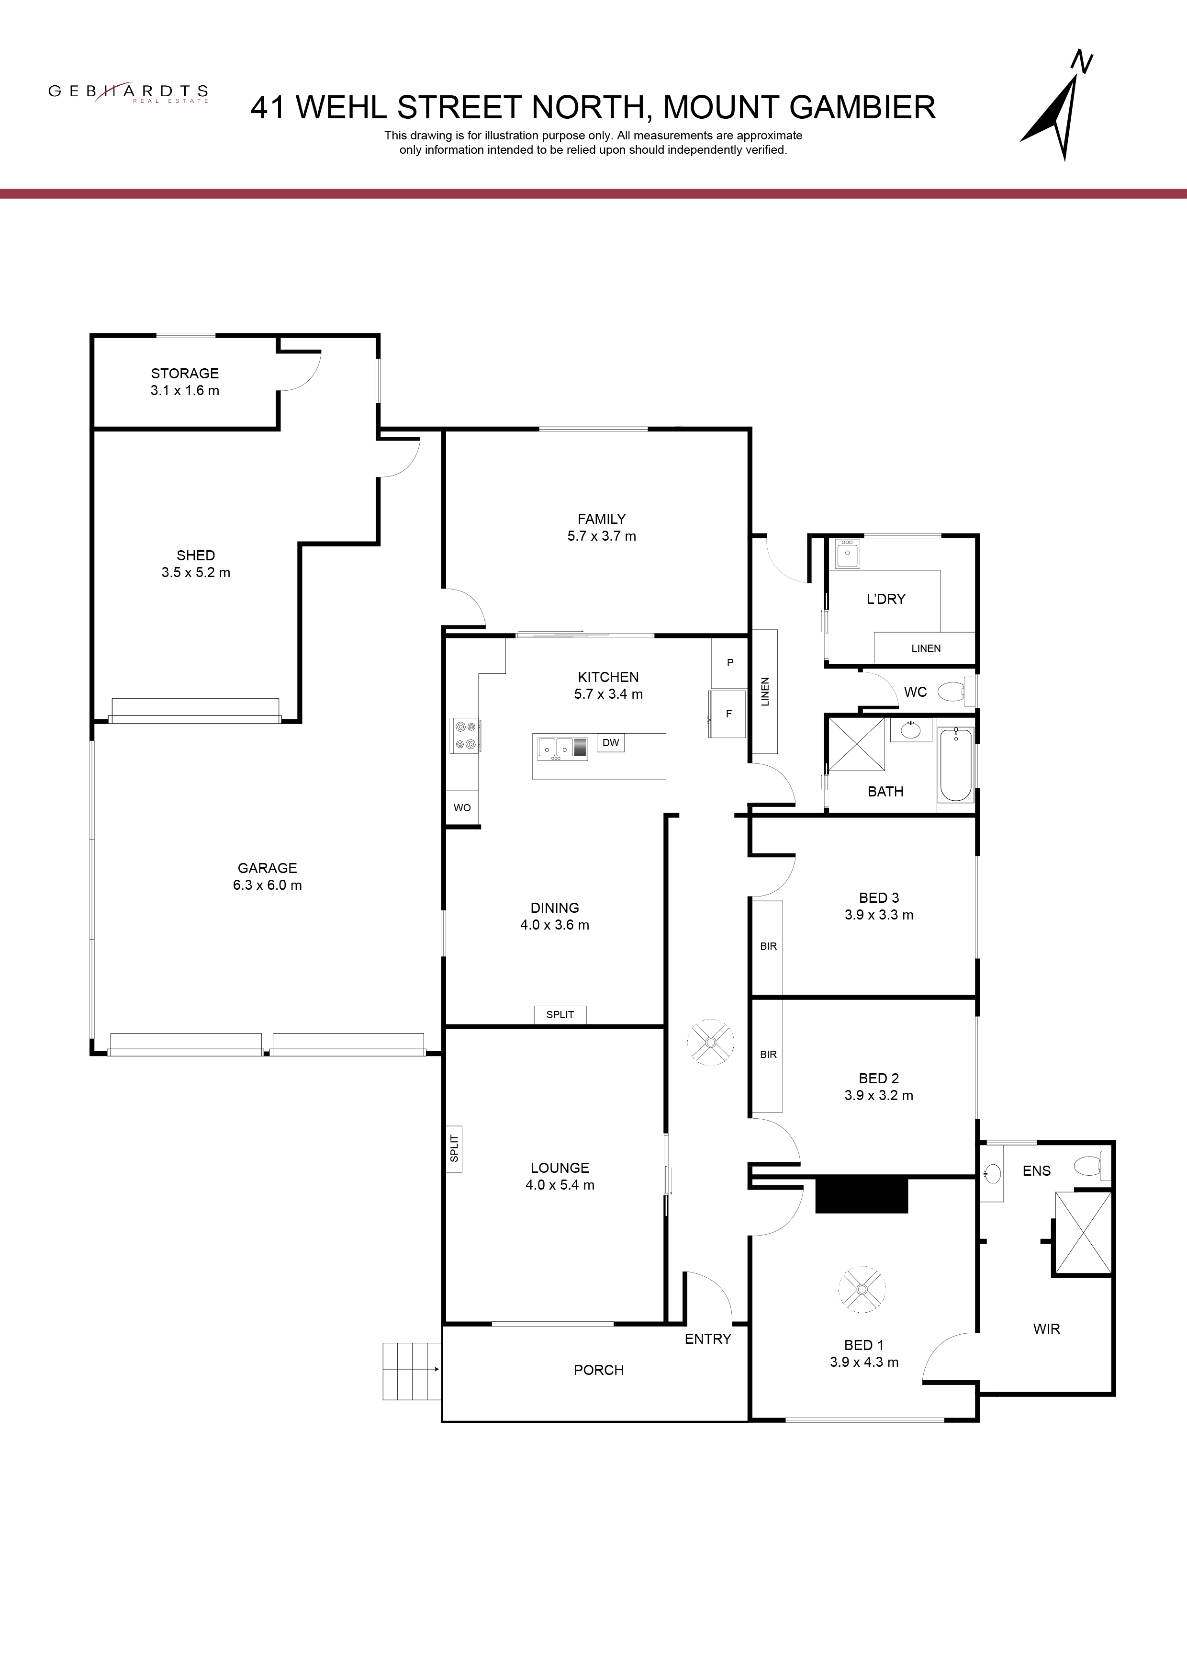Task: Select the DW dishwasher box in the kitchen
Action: (611, 743)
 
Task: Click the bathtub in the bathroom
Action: (956, 765)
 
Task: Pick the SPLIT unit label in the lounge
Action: (454, 1148)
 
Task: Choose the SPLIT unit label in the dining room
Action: (560, 1014)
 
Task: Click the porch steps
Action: (412, 1371)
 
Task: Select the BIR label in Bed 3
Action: (768, 946)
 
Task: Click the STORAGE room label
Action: (185, 373)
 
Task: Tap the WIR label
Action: (1047, 1329)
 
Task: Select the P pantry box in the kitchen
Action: (730, 663)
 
